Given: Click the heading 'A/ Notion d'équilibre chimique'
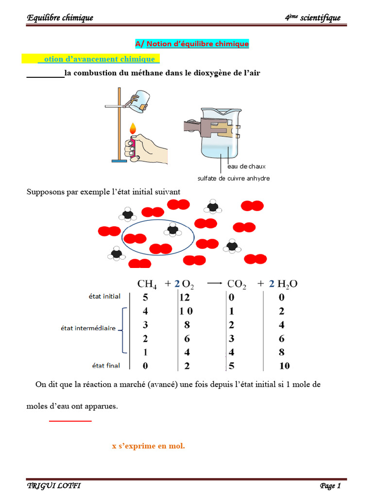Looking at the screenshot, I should coord(192,44).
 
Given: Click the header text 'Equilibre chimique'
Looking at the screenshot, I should coord(60,18).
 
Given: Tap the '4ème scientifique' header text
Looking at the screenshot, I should coord(313,18).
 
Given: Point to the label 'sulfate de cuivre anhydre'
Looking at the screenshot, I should coord(233,178).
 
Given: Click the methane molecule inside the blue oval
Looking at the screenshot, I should coord(172,230).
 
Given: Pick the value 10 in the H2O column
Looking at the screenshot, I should coord(284,365).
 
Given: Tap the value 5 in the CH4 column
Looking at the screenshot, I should coord(145,297).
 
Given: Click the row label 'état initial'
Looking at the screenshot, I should coord(104,296).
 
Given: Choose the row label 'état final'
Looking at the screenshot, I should coord(106,365).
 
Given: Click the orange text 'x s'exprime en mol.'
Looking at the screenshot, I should coord(148,445).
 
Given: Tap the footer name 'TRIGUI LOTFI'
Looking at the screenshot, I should coord(53,486).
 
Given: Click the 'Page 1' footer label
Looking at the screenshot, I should coord(330,486).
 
